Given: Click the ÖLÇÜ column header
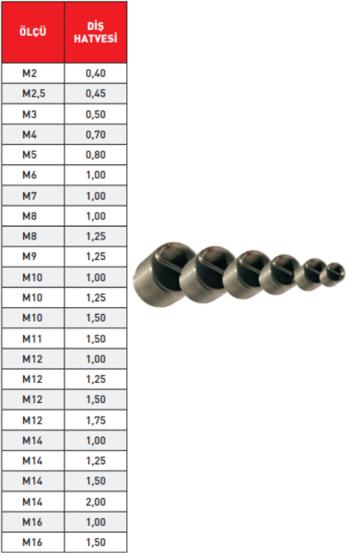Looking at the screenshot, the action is click(32, 31).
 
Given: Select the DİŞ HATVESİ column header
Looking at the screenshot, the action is click(96, 32).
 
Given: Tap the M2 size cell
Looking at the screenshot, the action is click(29, 73).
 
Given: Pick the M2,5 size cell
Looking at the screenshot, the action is click(34, 94).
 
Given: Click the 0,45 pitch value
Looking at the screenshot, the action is click(96, 94).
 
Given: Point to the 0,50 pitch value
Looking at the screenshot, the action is click(96, 114).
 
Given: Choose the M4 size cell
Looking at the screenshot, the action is click(29, 134).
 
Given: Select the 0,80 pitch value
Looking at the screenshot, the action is click(96, 154).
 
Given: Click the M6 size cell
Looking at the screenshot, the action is click(29, 175).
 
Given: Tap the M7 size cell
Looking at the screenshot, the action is click(29, 196).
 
